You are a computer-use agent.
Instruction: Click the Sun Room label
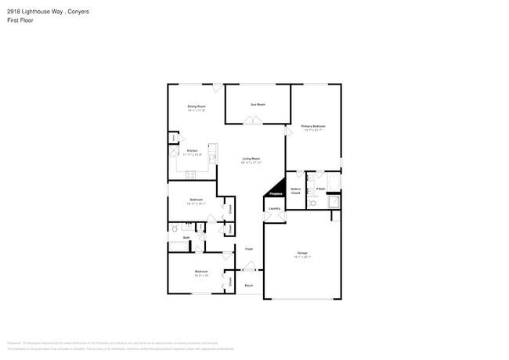click(258, 104)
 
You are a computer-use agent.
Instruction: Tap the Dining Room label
click(196, 106)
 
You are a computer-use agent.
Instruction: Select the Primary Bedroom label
click(313, 126)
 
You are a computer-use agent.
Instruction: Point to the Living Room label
click(251, 159)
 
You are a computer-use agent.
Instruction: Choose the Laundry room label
click(274, 208)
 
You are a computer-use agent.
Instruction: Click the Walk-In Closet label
click(296, 190)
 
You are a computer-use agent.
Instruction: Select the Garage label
click(302, 253)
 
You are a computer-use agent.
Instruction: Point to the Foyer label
click(249, 248)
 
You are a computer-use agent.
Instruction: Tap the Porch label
click(249, 286)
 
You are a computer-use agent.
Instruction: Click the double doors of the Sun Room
click(252, 121)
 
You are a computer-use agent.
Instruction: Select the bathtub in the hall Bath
click(179, 245)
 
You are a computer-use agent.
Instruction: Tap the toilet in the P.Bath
click(312, 203)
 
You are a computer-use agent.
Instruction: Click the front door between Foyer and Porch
click(249, 269)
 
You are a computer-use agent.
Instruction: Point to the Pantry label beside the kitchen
click(172, 139)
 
